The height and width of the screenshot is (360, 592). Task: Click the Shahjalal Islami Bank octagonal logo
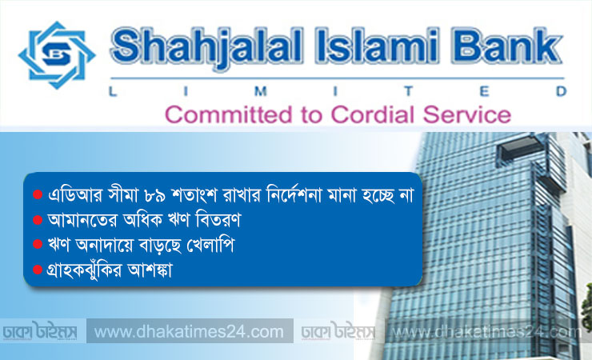click(57, 55)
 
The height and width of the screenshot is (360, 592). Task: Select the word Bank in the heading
click(508, 46)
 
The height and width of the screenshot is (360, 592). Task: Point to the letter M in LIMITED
click(261, 91)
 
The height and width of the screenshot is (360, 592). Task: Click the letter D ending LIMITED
click(562, 91)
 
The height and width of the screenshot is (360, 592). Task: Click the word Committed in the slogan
click(229, 114)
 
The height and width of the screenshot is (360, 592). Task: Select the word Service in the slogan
click(467, 114)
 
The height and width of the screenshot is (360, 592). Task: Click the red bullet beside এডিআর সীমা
click(38, 194)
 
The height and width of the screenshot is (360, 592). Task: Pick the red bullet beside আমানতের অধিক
click(38, 220)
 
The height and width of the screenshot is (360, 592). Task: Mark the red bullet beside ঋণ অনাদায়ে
click(38, 244)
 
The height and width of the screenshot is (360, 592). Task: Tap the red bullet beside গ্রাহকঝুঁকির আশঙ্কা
click(38, 270)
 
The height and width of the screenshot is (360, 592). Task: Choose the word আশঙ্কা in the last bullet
click(150, 270)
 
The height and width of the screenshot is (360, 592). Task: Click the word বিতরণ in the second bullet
click(218, 220)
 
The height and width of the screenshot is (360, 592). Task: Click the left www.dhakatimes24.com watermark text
click(189, 332)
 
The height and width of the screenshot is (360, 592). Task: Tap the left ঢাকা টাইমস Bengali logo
click(40, 331)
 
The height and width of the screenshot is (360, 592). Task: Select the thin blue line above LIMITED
click(337, 78)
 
